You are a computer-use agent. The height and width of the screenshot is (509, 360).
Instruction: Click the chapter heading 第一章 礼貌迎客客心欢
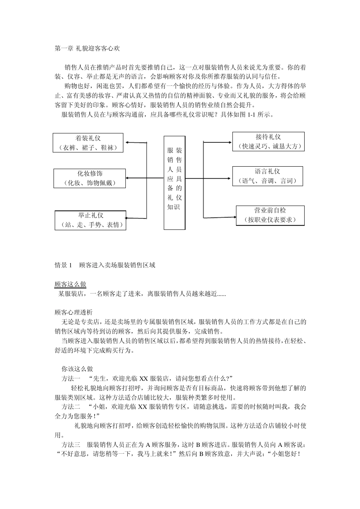87,48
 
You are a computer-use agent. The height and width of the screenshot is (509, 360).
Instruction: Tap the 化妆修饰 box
90,178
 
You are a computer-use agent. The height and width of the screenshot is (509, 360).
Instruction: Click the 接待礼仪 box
268,142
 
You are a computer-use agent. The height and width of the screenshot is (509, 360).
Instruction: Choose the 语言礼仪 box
268,176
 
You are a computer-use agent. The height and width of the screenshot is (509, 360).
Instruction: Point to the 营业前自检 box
270,215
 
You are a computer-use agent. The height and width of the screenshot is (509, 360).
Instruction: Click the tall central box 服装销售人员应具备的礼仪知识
175,183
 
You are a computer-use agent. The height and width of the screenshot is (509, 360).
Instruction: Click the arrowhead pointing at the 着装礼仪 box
128,143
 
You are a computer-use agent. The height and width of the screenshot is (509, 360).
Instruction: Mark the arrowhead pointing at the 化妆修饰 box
128,178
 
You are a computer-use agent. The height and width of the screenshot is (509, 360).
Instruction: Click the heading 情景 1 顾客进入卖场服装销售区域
105,265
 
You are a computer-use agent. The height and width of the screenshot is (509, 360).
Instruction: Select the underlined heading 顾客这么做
70,284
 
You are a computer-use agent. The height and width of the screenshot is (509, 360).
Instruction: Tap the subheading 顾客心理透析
73,313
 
